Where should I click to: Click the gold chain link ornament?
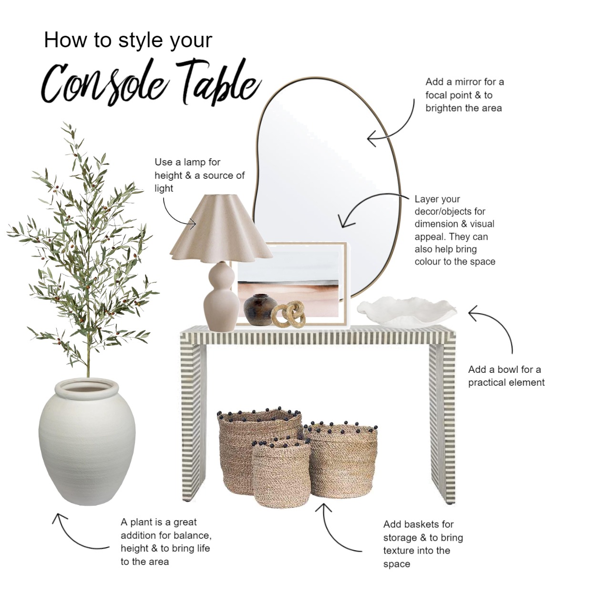pyautogui.click(x=288, y=315)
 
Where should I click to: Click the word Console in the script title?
pyautogui.click(x=107, y=86)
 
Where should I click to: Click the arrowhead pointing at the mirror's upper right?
pyautogui.click(x=372, y=139)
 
